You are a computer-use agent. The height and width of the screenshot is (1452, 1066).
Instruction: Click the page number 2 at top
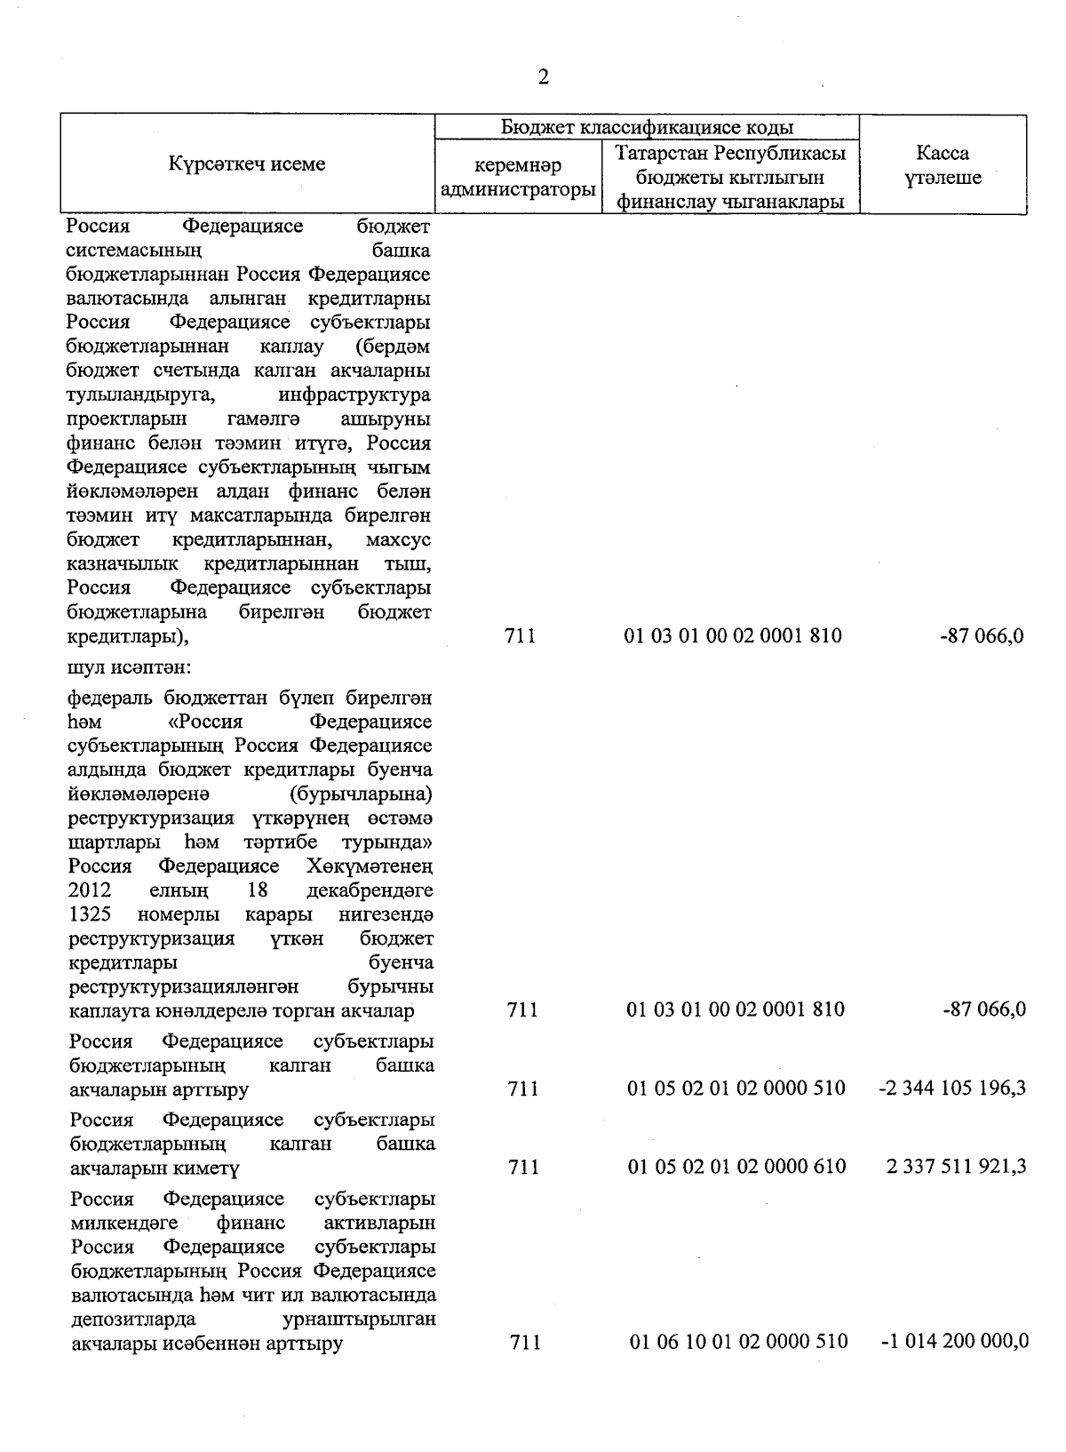point(544,77)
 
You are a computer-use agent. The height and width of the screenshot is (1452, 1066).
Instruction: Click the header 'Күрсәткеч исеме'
point(247,164)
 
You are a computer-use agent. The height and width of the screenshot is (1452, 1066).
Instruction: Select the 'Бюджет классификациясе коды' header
point(647,127)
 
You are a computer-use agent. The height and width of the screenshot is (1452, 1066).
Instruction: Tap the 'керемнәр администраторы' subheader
point(517,178)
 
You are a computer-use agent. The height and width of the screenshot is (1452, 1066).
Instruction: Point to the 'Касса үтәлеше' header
point(943,165)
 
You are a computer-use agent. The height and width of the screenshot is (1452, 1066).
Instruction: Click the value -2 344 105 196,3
point(951,1088)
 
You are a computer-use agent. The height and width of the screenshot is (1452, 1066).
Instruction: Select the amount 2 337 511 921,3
point(956,1166)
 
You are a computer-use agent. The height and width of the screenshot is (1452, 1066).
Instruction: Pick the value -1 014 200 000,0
point(954,1341)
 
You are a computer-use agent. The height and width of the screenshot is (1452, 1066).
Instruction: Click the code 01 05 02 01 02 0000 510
point(736,1088)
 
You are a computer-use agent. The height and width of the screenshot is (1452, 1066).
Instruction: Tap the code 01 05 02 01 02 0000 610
point(736,1166)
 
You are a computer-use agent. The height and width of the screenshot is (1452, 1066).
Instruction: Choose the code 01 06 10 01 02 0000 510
point(738,1341)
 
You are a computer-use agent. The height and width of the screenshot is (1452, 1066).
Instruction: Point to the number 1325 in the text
point(90,913)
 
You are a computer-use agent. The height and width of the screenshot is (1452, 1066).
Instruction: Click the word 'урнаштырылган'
point(359,1319)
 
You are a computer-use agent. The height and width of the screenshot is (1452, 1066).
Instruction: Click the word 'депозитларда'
point(133,1319)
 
